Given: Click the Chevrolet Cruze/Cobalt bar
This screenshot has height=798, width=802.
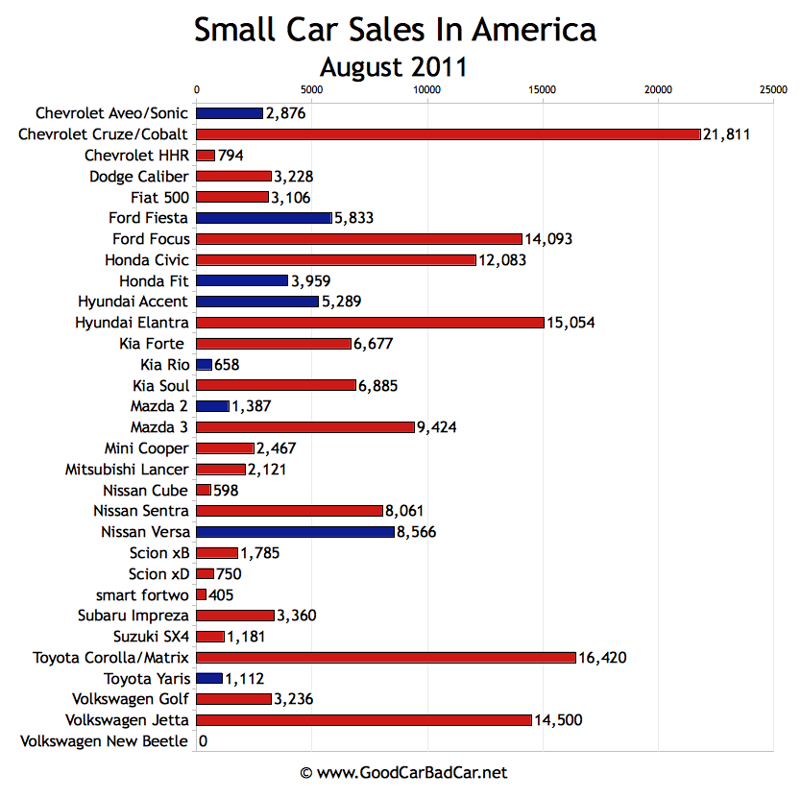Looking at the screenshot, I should (x=448, y=134).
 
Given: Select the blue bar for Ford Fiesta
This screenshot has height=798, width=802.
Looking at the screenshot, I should (x=263, y=218).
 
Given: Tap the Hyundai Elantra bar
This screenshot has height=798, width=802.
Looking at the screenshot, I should (x=370, y=323).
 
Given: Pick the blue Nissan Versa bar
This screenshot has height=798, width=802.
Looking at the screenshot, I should (x=295, y=531).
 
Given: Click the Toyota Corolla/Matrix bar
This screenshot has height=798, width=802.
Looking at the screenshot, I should (x=385, y=657).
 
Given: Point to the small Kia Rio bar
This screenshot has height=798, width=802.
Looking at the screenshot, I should (x=204, y=365).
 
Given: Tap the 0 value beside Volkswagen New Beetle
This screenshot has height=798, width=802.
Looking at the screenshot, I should (x=203, y=741).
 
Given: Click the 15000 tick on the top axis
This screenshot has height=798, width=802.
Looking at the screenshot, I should (x=543, y=89).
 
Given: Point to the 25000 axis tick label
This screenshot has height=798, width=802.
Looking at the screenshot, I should (x=773, y=89).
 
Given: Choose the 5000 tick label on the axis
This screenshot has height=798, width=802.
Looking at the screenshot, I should (x=311, y=89).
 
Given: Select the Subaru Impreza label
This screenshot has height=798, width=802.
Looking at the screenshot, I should (x=134, y=616).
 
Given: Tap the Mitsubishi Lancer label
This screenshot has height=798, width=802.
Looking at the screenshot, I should (x=127, y=470).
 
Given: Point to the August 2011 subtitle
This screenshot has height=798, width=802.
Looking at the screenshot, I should (x=395, y=67).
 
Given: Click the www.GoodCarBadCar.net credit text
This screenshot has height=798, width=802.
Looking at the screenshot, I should (x=402, y=772).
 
